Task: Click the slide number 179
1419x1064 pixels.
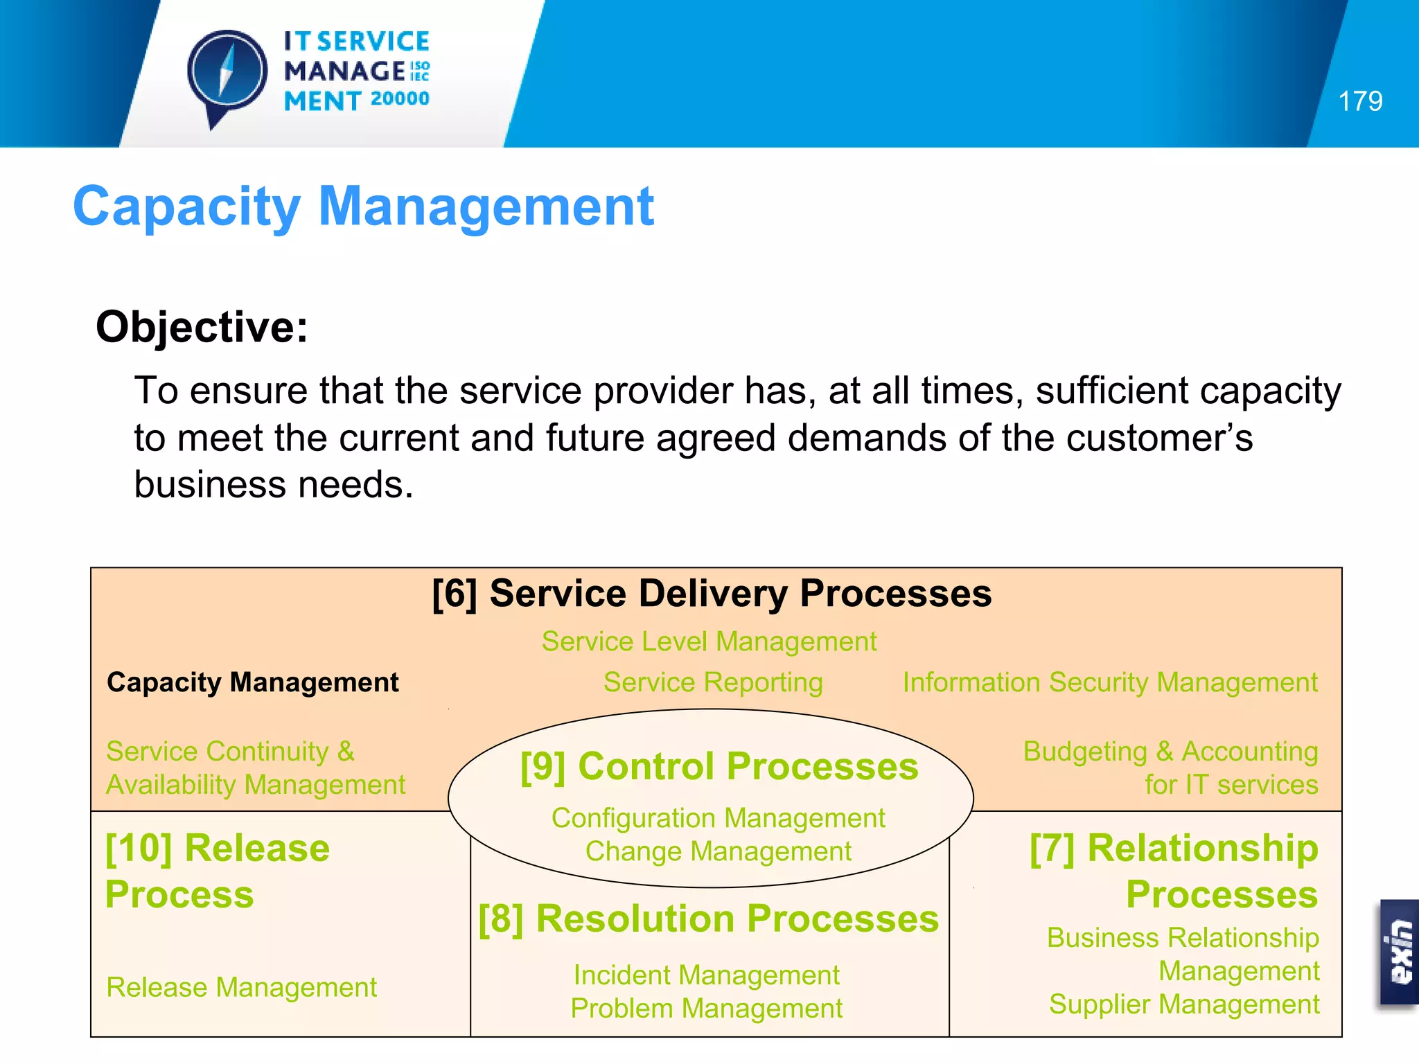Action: (1360, 101)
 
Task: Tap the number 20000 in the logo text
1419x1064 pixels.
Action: (400, 99)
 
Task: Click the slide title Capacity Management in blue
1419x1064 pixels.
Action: (363, 206)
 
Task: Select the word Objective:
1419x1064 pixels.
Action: (202, 326)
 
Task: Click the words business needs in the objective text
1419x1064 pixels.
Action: (273, 484)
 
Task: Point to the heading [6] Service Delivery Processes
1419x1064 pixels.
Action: (712, 594)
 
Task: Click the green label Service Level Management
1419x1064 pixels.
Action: (709, 641)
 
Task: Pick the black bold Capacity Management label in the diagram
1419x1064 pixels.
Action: (253, 682)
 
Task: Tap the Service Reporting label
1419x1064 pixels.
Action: (713, 682)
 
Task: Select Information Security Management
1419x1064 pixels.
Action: (1109, 682)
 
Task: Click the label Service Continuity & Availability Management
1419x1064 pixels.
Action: (256, 768)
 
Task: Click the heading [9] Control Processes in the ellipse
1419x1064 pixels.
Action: (719, 767)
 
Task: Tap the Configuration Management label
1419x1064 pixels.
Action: (718, 818)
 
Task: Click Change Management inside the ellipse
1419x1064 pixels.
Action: (718, 851)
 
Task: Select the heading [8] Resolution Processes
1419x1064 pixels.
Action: (708, 919)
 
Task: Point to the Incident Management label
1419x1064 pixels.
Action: (706, 975)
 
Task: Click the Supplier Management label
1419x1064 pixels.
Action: (1183, 1004)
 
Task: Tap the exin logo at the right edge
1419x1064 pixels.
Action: (1400, 952)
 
